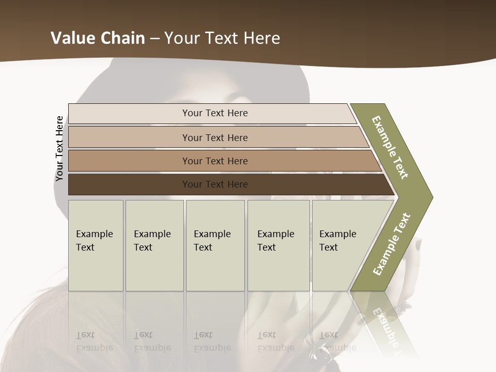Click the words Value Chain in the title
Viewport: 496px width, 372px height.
pyautogui.click(x=98, y=38)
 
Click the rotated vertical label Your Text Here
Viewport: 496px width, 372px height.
pyautogui.click(x=59, y=148)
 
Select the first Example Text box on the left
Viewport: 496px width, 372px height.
pyautogui.click(x=96, y=245)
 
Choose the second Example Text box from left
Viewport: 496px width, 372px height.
pyautogui.click(x=154, y=245)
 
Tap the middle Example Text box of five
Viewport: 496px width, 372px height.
pyautogui.click(x=215, y=245)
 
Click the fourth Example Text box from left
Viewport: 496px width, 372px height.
pyautogui.click(x=278, y=245)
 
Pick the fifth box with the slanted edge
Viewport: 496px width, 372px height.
pyautogui.click(x=341, y=245)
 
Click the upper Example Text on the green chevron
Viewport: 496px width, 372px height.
pyautogui.click(x=390, y=147)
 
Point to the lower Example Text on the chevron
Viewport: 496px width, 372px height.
pyautogui.click(x=392, y=244)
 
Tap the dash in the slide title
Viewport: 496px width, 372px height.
pyautogui.click(x=154, y=38)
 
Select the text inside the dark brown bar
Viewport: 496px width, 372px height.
pyautogui.click(x=215, y=184)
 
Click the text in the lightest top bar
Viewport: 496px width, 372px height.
pyautogui.click(x=215, y=113)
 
